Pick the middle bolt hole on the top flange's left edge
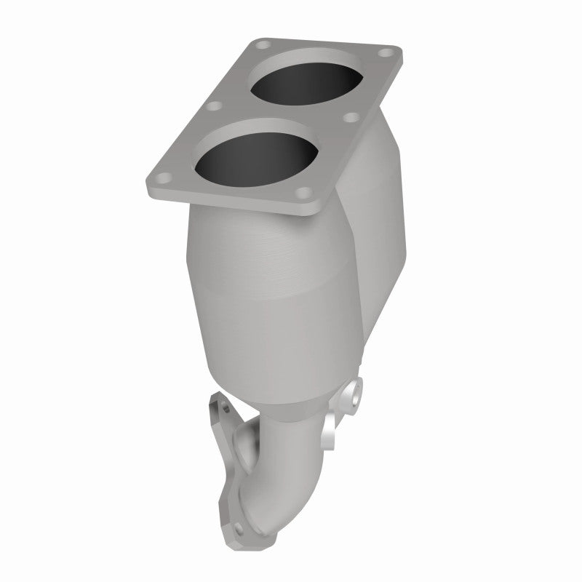[214, 107]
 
